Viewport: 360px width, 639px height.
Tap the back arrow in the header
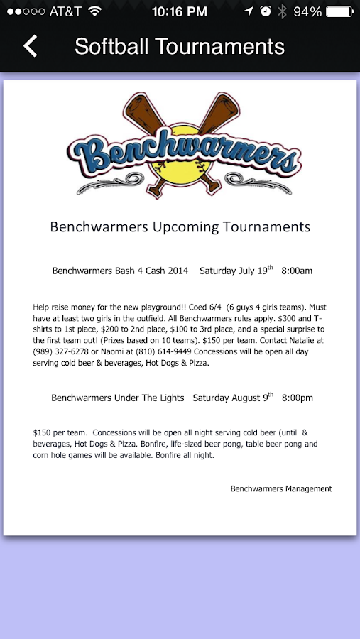click(30, 46)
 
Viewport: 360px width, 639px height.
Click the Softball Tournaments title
click(180, 46)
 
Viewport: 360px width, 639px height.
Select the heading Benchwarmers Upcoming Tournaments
click(180, 227)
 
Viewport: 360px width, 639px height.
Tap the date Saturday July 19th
click(236, 271)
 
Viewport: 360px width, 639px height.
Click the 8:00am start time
click(297, 271)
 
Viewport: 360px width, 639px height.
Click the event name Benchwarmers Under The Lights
click(118, 398)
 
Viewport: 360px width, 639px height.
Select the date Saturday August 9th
click(233, 398)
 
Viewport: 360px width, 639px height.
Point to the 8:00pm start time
click(298, 398)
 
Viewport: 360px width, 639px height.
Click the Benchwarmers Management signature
click(281, 488)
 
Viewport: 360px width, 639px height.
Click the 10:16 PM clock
click(180, 11)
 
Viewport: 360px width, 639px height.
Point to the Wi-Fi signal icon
click(94, 11)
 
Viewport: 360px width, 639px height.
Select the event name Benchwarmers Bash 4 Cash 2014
click(121, 271)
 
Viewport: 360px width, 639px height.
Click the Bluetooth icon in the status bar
click(281, 11)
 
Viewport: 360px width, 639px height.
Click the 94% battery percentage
click(307, 11)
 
